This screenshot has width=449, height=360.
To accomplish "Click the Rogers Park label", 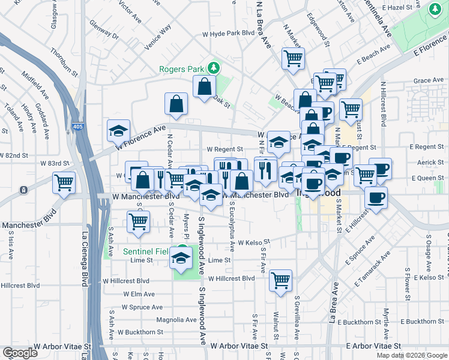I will (181, 69).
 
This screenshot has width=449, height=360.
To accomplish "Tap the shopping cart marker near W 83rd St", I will (64, 182).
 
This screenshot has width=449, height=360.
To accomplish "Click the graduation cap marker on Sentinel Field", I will (180, 257).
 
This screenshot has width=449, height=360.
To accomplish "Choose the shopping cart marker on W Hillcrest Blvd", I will (280, 280).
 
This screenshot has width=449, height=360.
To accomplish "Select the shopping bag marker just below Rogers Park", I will (205, 86).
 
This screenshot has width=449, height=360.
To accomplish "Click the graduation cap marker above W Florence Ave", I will (119, 130).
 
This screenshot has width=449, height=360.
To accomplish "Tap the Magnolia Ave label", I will (176, 320).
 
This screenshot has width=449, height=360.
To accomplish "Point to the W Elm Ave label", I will (139, 294).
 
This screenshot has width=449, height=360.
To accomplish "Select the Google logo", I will (20, 353).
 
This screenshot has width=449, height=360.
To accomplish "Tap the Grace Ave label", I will (428, 80).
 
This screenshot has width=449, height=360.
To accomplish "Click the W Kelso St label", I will (255, 243).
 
